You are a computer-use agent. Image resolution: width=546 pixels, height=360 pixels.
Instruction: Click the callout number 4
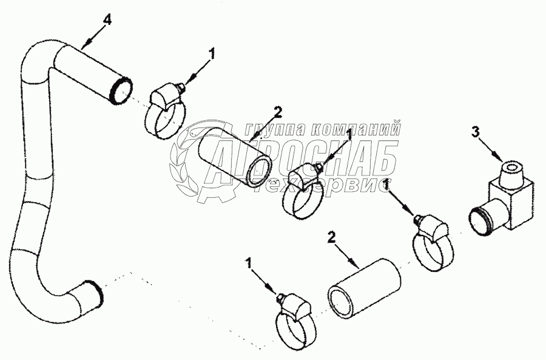coord(107,20)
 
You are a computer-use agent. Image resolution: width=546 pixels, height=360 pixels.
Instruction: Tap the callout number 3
coord(476,131)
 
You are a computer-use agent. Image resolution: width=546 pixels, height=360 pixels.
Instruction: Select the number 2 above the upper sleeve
coord(277,111)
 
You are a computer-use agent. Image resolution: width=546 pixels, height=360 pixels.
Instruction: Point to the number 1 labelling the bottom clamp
coord(248,263)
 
